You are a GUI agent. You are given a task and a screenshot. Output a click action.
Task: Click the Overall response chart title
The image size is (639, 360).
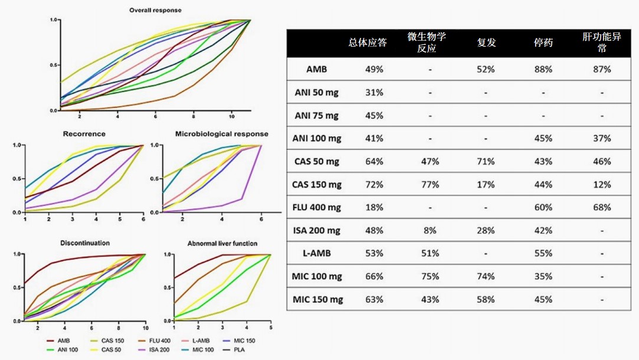point(156,10)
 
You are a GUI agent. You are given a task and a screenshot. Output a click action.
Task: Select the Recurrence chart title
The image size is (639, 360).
point(84,134)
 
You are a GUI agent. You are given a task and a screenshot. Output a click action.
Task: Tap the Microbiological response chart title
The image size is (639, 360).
point(221,134)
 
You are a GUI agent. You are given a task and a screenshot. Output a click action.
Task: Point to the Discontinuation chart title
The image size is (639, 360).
point(84,243)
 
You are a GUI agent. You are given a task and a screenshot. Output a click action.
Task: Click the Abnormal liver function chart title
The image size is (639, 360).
point(222,243)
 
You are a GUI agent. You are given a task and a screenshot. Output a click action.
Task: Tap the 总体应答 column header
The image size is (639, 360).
point(368,42)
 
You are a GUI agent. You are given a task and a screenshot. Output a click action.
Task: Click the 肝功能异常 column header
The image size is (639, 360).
point(602,42)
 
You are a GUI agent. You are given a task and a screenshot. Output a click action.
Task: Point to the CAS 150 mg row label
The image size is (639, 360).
point(317,184)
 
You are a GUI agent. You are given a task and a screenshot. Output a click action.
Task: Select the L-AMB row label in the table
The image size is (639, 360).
point(317,253)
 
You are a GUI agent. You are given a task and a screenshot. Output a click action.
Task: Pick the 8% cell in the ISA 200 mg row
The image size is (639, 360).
point(431,230)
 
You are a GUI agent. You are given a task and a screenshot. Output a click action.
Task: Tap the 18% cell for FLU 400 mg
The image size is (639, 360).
point(374,207)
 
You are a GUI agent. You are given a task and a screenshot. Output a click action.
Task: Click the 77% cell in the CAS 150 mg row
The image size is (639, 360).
point(431,184)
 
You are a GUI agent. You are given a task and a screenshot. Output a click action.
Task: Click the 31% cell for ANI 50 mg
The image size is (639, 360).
point(374,92)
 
